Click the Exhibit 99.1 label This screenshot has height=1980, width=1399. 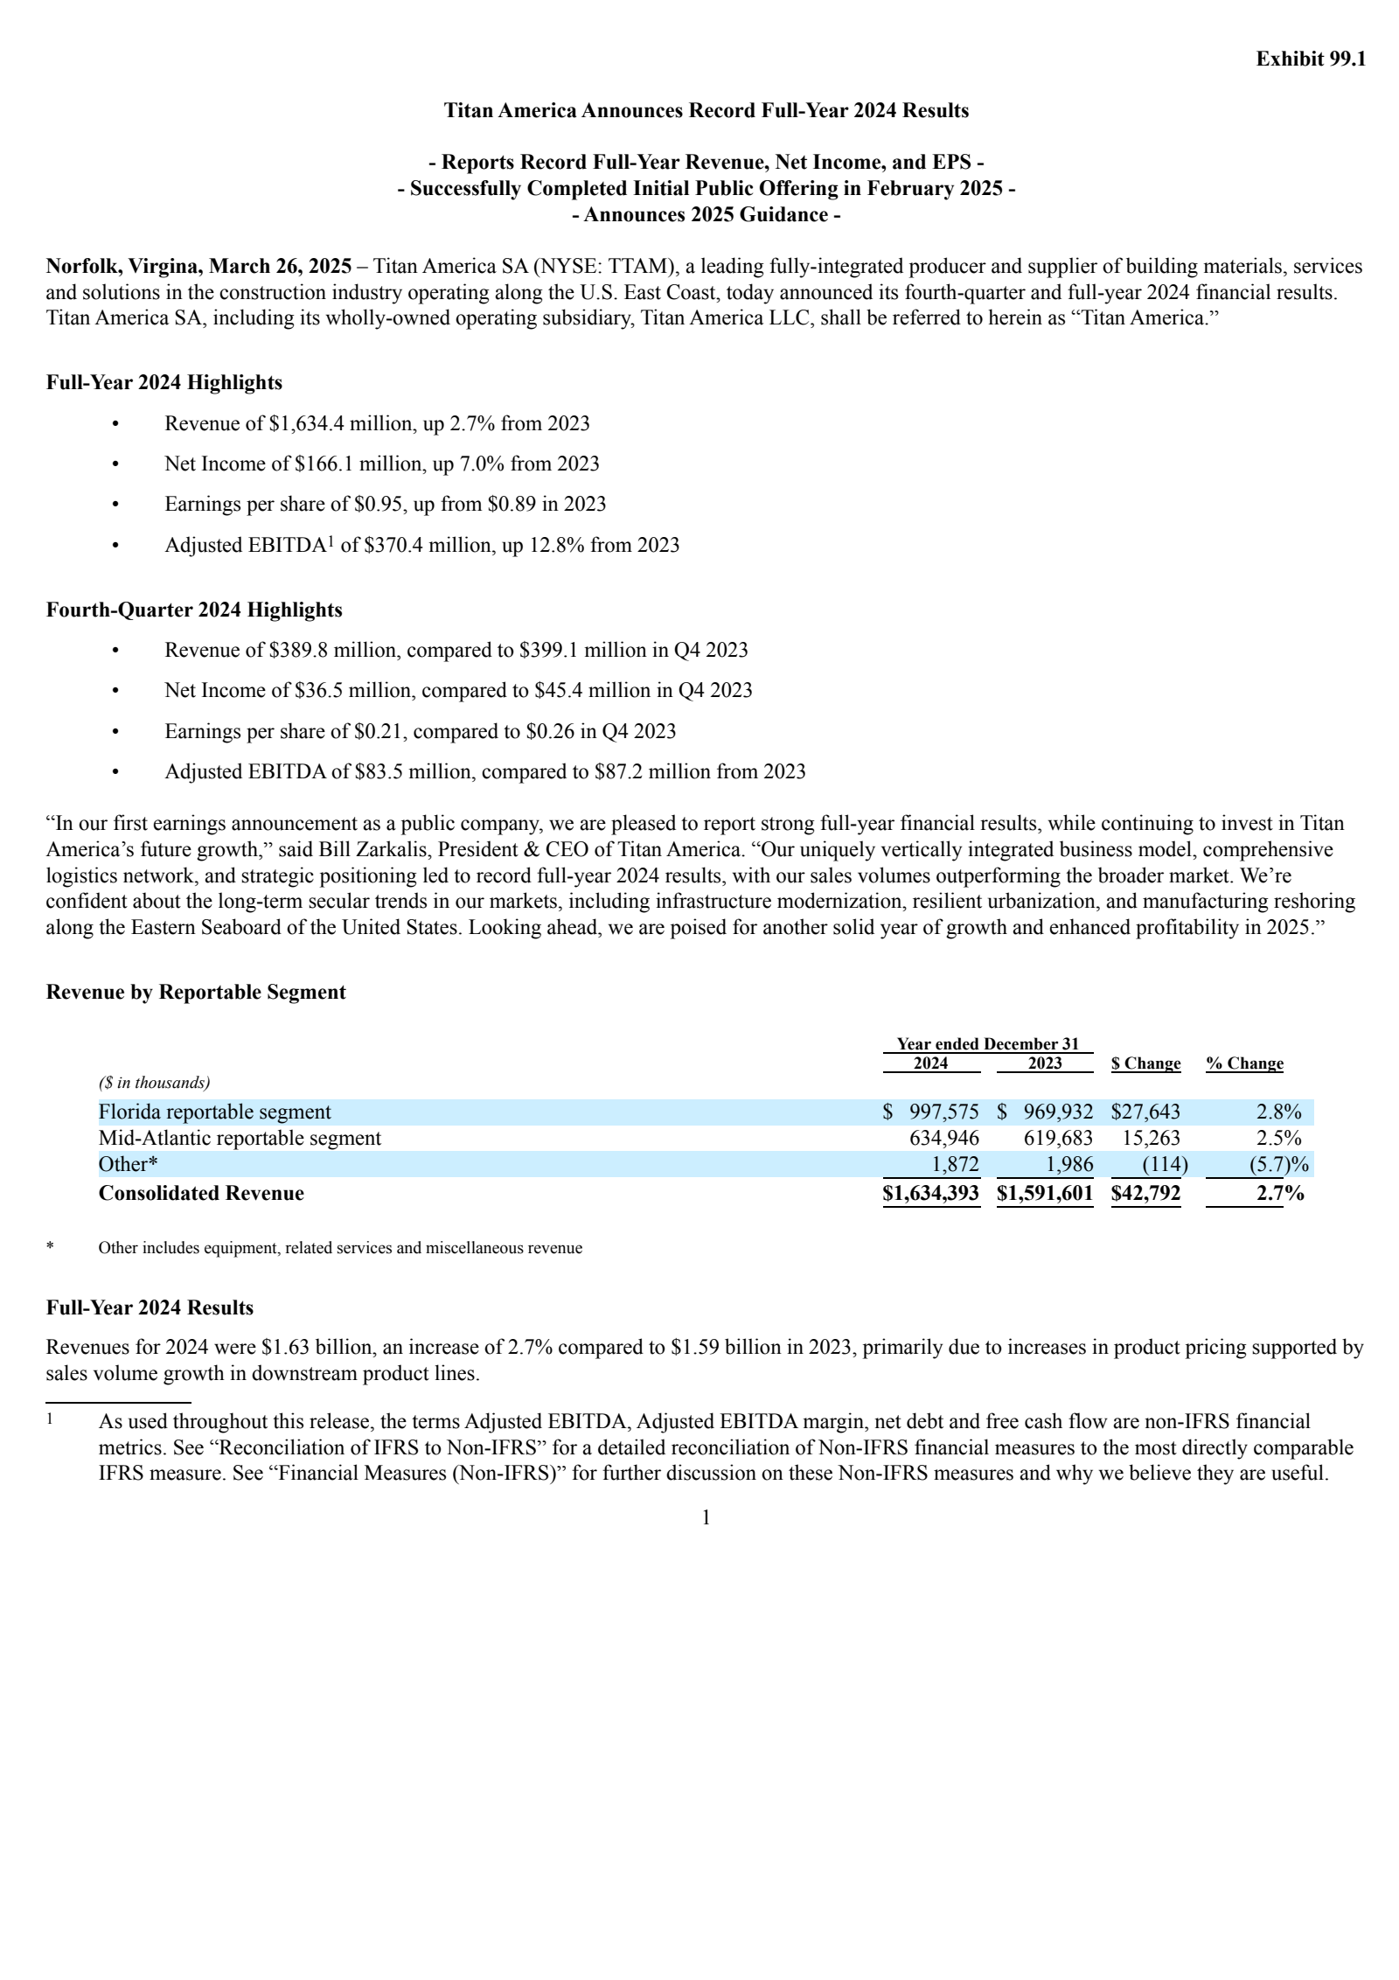1310,59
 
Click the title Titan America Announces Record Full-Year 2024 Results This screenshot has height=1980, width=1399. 706,110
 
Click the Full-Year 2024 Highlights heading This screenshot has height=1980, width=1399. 164,382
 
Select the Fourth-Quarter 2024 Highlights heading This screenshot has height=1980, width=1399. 193,610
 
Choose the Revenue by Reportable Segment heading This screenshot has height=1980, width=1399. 195,992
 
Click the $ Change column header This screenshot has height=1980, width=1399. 1145,1063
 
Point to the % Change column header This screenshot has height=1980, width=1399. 1244,1063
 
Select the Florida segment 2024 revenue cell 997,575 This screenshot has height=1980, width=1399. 943,1112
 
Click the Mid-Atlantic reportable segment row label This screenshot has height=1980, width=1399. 240,1138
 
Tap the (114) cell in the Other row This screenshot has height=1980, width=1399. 1164,1164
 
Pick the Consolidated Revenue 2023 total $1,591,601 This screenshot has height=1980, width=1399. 1044,1193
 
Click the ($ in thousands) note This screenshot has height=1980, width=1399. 154,1083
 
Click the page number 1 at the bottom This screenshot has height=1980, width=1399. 706,1518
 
